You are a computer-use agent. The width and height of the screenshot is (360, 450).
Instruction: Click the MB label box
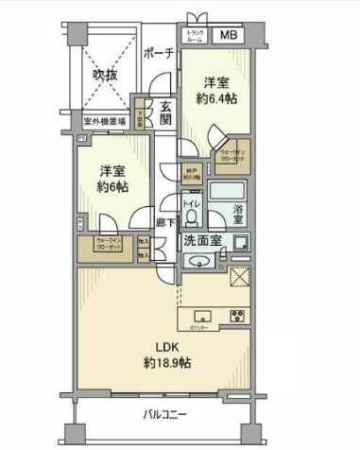[x=231, y=35]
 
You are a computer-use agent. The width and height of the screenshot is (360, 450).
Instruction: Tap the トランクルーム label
[x=195, y=36]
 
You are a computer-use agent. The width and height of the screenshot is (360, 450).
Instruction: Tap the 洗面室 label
[x=202, y=240]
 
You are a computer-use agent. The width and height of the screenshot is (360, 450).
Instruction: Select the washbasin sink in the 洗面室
[x=198, y=261]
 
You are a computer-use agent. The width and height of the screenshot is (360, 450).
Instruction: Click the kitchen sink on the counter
[x=202, y=315]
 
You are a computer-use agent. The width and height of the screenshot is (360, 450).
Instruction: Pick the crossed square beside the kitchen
[x=238, y=277]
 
